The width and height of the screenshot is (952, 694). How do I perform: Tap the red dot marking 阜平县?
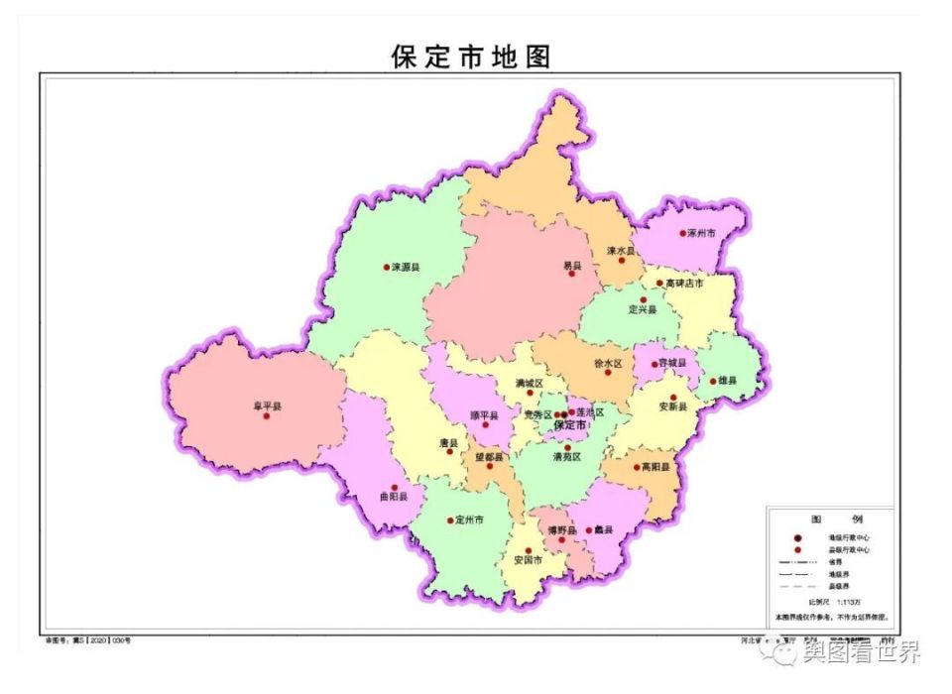(x=266, y=416)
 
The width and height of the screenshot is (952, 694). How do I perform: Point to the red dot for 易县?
(x=571, y=274)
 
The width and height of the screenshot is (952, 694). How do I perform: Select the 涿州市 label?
(x=701, y=234)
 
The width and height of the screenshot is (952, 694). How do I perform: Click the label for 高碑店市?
(x=685, y=283)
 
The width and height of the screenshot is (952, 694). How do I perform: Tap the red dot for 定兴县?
(x=643, y=299)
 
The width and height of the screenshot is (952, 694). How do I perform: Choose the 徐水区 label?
(x=608, y=363)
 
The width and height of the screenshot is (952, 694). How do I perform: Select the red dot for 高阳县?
(x=637, y=467)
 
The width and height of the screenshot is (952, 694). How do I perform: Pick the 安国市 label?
(x=529, y=560)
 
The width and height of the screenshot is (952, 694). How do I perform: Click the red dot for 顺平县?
(x=485, y=425)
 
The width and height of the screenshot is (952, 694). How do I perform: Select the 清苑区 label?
(x=567, y=457)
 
